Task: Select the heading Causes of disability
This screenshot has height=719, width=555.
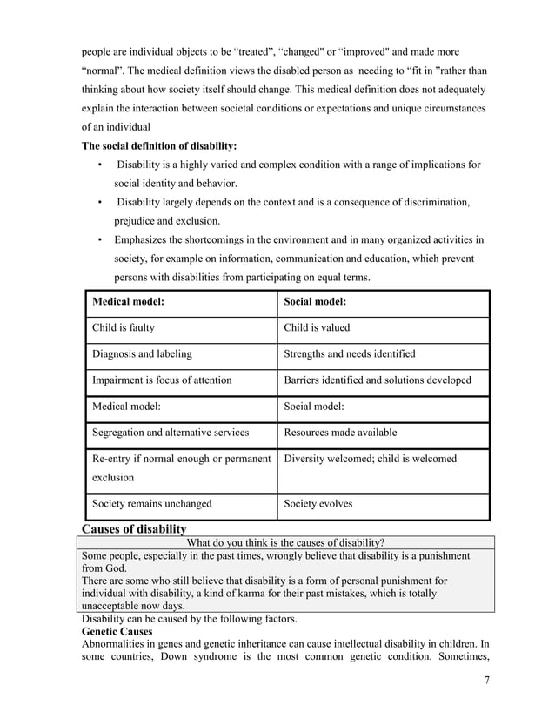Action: [134, 528]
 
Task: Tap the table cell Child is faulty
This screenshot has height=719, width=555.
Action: [124, 328]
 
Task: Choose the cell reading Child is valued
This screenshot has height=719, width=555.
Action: [317, 328]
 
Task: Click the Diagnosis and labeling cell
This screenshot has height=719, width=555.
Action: [142, 354]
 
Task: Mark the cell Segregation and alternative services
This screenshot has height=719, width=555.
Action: [171, 433]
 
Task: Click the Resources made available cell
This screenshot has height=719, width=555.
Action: [340, 433]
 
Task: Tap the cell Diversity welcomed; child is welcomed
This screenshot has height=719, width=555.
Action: [370, 459]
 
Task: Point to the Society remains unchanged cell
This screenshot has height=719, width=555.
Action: [151, 503]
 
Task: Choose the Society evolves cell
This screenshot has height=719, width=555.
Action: [318, 503]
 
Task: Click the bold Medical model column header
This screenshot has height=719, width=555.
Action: [128, 302]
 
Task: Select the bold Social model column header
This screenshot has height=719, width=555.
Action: [315, 302]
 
